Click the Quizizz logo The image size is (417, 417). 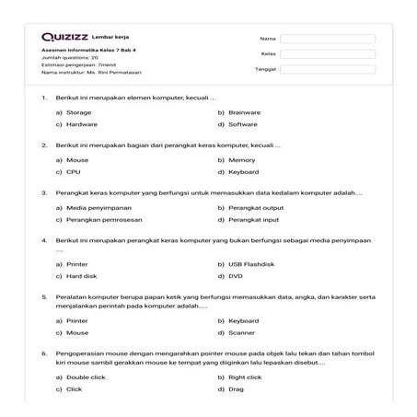click(x=64, y=38)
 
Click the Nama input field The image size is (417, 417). click(x=328, y=39)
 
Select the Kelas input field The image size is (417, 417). click(x=328, y=54)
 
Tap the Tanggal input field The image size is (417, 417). click(x=328, y=69)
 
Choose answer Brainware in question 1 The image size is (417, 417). click(x=244, y=111)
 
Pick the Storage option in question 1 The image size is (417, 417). click(x=78, y=111)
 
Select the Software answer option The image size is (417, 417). click(x=242, y=124)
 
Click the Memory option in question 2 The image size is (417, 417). click(x=241, y=159)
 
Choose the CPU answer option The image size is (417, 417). click(x=74, y=172)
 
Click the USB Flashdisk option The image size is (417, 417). click(x=249, y=262)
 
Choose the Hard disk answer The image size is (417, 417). click(x=81, y=275)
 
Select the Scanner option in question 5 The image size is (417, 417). click(x=241, y=332)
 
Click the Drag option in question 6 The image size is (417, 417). click(x=237, y=389)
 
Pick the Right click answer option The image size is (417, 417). click(x=245, y=376)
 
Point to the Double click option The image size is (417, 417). click(x=85, y=376)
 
